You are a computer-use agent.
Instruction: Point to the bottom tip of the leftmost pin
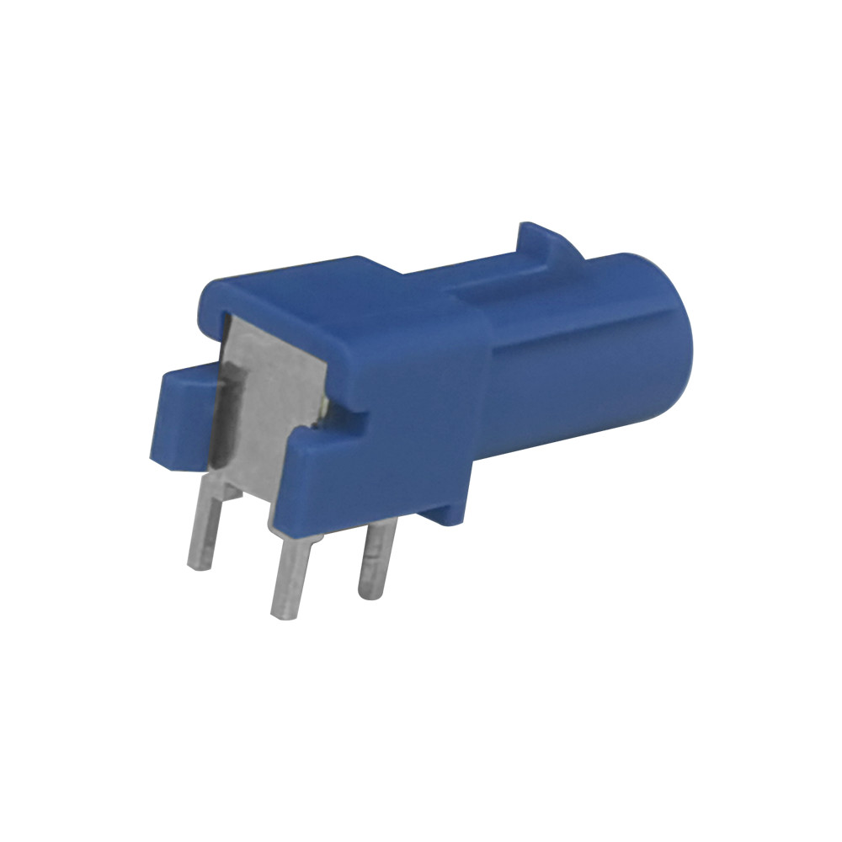click(199, 565)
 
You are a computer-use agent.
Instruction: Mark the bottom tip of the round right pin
click(367, 593)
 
